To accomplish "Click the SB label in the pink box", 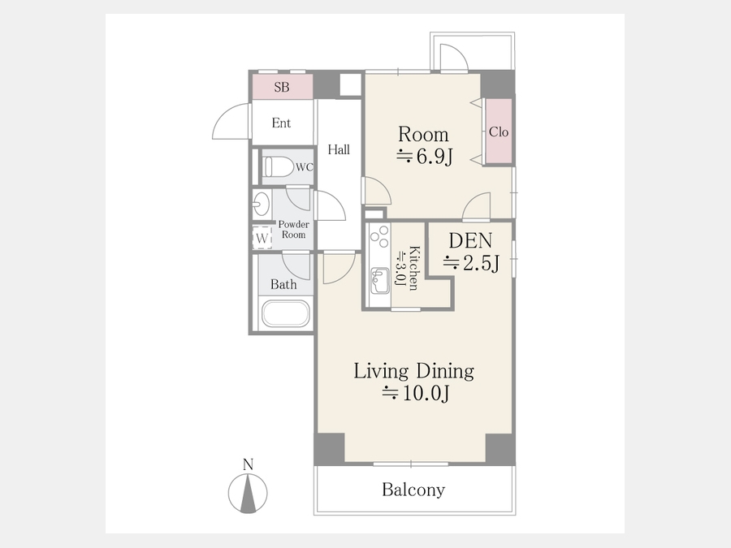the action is (282, 87).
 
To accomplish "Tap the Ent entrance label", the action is (281, 123).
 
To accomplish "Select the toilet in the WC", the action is (278, 166).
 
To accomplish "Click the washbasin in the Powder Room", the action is (261, 204).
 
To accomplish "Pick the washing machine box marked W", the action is (262, 238).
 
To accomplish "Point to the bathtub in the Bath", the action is (285, 313).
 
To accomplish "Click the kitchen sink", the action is (379, 281).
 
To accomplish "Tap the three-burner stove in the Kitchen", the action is (379, 236).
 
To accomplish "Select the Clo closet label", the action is (499, 132).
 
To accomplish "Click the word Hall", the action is (339, 149).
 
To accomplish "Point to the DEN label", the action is (470, 240).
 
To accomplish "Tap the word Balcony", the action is (413, 490).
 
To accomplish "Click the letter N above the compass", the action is (248, 464).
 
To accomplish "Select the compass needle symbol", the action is (248, 493).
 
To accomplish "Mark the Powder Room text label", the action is (294, 229).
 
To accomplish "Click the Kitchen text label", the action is (413, 269).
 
